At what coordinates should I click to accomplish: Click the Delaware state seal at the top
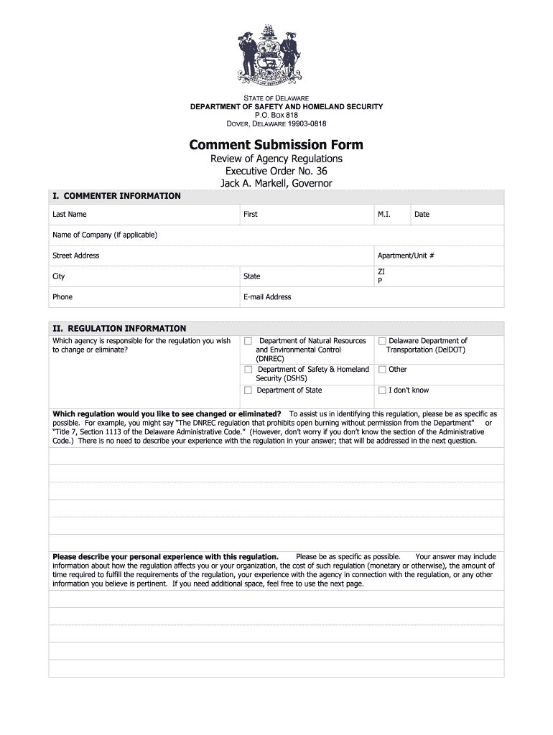click(x=276, y=57)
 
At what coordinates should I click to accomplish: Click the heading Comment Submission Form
click(x=276, y=145)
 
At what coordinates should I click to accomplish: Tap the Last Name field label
click(x=69, y=215)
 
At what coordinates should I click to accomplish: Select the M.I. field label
click(x=384, y=215)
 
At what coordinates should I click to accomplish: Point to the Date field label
click(x=422, y=215)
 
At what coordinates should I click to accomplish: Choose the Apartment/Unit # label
click(x=406, y=256)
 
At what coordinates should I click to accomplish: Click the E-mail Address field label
click(x=267, y=297)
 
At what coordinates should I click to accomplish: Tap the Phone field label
click(x=62, y=297)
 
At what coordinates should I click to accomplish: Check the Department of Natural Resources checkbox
click(x=248, y=341)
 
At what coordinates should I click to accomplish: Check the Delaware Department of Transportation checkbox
click(x=382, y=341)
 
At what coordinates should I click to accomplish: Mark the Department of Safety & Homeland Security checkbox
click(x=248, y=370)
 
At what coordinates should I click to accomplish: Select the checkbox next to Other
click(x=382, y=370)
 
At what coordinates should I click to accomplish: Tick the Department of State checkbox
click(x=248, y=390)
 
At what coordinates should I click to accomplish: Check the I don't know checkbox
click(x=382, y=390)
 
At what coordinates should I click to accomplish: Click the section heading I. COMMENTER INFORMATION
click(x=116, y=196)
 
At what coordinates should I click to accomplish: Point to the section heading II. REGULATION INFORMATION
click(x=119, y=329)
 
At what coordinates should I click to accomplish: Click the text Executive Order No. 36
click(x=276, y=171)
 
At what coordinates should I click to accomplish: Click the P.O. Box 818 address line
click(x=276, y=115)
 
